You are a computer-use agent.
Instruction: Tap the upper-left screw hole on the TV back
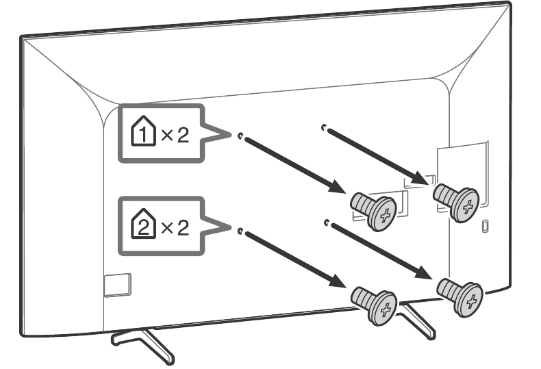tap(240, 136)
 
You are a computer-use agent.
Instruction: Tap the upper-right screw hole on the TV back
tap(324, 127)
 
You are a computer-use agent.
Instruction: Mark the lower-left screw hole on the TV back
tap(240, 231)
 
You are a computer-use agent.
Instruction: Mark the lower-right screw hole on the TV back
tap(326, 222)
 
